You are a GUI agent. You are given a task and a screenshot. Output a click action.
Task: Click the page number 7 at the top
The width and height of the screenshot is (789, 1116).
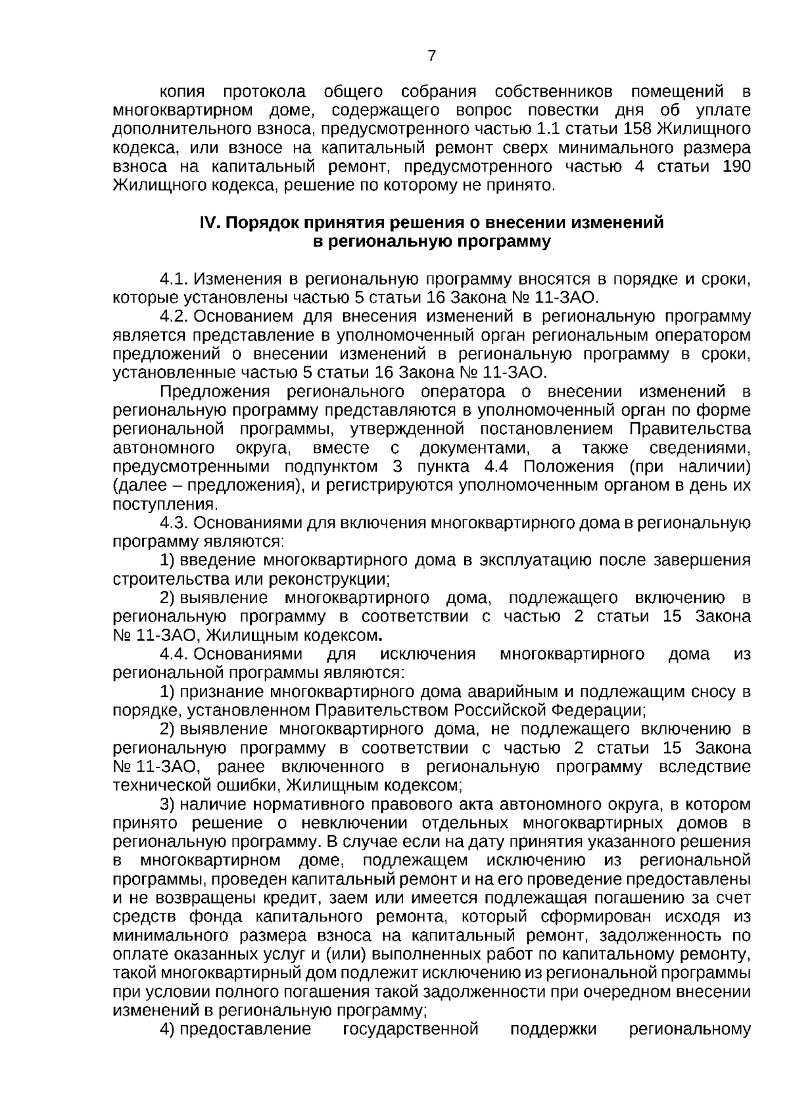click(x=431, y=57)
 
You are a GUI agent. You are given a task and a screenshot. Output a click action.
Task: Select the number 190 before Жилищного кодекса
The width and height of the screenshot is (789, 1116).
click(x=736, y=166)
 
